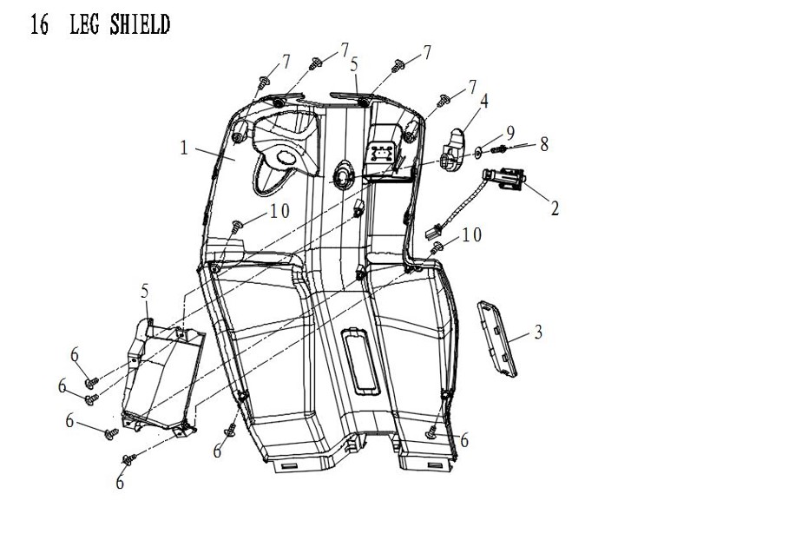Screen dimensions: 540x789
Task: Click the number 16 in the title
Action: point(38,25)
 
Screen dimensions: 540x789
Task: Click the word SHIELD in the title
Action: point(141,25)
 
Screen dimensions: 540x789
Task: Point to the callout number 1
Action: point(184,148)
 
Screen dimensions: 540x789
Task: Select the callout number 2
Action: point(555,207)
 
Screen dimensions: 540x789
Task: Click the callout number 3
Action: point(538,332)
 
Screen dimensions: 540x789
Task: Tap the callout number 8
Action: point(544,143)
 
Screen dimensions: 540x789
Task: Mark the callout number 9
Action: point(511,133)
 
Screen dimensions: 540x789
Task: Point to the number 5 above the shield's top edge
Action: point(354,63)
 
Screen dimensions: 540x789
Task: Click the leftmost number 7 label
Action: point(286,62)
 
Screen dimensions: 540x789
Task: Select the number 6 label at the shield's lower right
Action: point(465,440)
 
